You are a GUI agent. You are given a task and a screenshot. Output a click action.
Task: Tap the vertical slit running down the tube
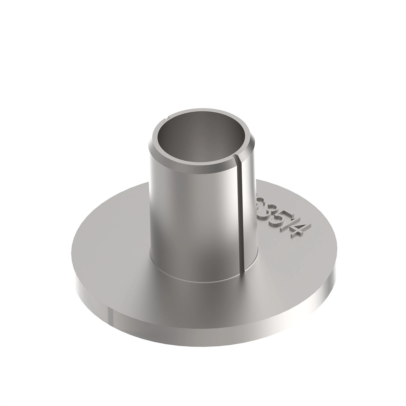tap(242, 210)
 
